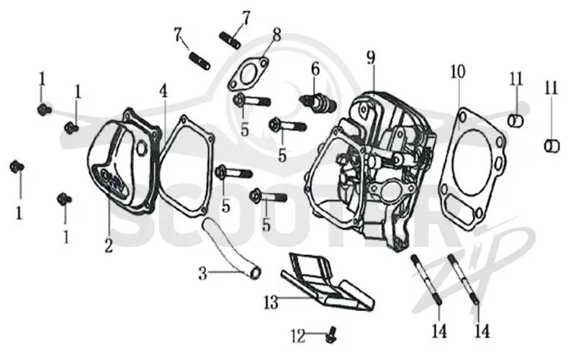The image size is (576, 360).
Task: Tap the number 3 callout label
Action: tap(203, 274)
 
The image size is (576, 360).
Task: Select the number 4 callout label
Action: tap(163, 91)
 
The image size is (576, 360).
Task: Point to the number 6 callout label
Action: tap(315, 69)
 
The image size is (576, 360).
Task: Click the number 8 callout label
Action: tap(276, 35)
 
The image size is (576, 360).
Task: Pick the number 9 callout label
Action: tap(371, 58)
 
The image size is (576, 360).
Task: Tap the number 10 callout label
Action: tap(458, 71)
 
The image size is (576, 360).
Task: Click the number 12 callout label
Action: tap(298, 336)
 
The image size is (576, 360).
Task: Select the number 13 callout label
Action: tap(271, 303)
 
